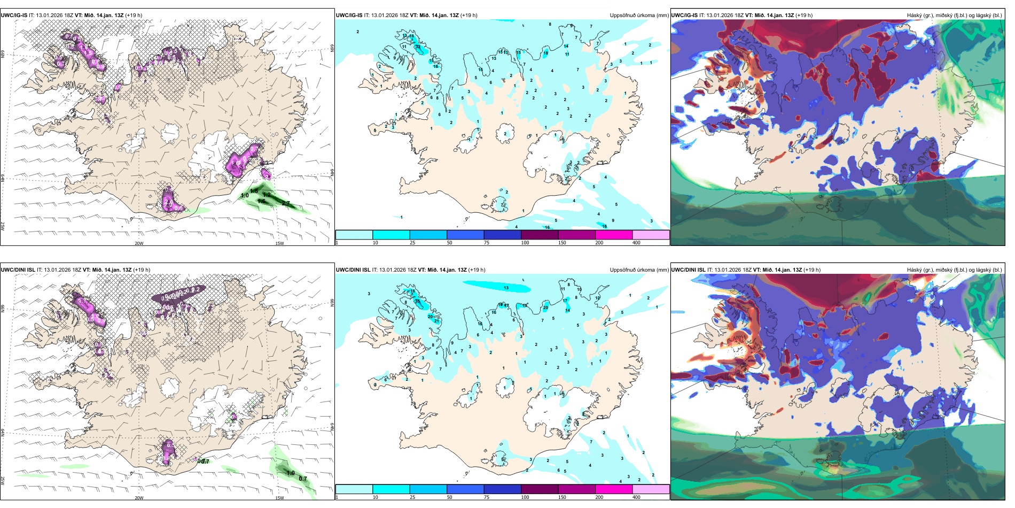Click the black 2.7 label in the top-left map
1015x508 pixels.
click(286, 204)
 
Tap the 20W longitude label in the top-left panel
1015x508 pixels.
click(139, 243)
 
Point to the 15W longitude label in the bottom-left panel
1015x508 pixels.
click(279, 498)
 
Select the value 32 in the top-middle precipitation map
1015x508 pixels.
click(418, 47)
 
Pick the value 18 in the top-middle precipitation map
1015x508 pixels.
click(412, 36)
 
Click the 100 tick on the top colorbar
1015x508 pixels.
click(525, 243)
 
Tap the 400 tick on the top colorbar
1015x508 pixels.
click(636, 243)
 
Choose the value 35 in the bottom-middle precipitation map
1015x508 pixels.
click(417, 302)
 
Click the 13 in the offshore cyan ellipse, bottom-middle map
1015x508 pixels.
click(506, 288)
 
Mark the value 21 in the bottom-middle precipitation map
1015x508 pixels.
click(436, 321)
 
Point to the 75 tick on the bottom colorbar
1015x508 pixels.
click(487, 497)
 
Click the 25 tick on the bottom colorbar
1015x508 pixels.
click(412, 497)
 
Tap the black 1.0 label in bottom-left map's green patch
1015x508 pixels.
click(291, 473)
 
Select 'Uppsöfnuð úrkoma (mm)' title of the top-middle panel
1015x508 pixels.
click(639, 16)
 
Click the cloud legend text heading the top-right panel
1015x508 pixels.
click(954, 16)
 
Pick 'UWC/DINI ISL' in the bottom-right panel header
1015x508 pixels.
click(689, 270)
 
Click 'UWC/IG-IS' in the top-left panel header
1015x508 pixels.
click(14, 16)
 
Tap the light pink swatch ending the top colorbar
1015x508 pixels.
click(651, 235)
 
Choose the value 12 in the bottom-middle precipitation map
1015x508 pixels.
click(598, 298)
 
